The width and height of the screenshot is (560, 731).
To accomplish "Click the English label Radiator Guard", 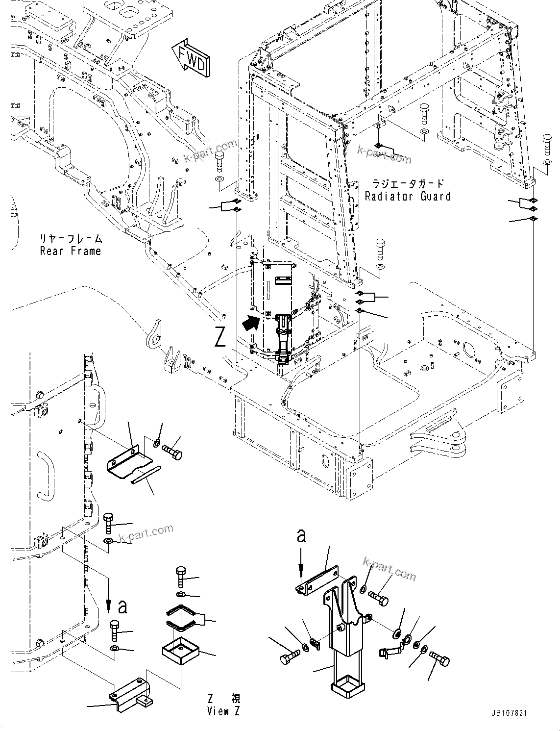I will pos(408,197).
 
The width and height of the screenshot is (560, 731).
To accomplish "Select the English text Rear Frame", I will pos(71,251).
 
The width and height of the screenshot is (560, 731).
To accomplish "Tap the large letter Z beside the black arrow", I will pos(221,337).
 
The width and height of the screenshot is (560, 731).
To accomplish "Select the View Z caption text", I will pos(224,711).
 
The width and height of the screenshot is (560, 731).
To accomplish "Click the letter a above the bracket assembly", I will pos(302,536).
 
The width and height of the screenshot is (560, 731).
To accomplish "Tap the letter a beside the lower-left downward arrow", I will pos(122,607).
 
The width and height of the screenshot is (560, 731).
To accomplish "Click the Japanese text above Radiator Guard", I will pos(408,184).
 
